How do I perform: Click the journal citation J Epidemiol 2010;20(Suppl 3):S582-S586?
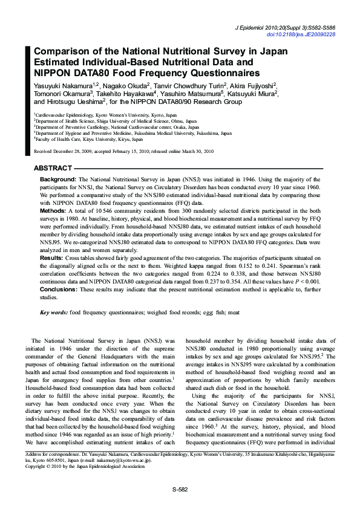pos(285,28)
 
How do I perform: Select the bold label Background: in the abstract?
pos(57,180)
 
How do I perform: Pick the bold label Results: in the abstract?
pos(51,258)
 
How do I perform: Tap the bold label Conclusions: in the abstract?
pos(59,290)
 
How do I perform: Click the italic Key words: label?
pos(53,313)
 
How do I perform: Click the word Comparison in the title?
pos(63,52)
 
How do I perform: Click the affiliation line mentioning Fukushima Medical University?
pos(133,133)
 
